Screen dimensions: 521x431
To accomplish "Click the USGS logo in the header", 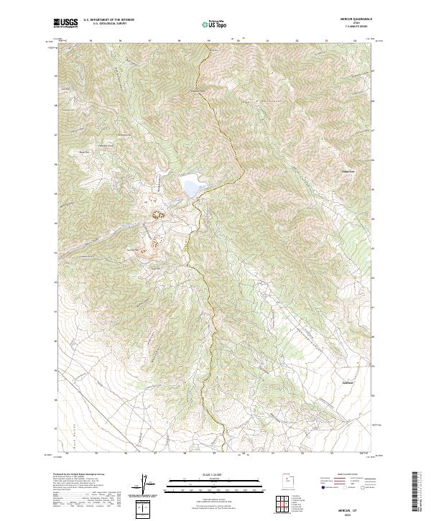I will tap(67, 23).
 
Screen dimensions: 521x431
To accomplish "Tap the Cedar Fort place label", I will tap(348, 171).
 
